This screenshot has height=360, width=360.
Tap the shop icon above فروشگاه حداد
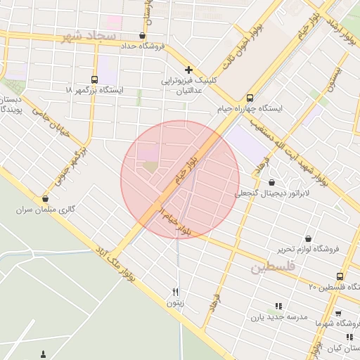(x=143, y=35)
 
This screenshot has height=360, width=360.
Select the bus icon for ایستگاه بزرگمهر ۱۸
(x=95, y=79)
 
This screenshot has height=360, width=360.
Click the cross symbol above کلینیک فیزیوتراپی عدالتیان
(x=188, y=70)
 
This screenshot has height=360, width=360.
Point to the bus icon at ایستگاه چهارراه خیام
(x=250, y=98)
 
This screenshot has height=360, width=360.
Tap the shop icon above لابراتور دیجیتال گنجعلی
(x=271, y=182)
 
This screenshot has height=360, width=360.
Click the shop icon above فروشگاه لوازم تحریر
(x=308, y=238)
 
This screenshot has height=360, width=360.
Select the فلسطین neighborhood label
(x=274, y=268)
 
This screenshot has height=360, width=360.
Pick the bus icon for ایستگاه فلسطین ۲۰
(x=340, y=276)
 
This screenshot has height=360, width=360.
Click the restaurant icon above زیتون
(x=176, y=292)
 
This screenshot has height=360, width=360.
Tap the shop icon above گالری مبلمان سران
(x=46, y=199)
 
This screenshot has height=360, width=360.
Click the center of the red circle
(x=180, y=179)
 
